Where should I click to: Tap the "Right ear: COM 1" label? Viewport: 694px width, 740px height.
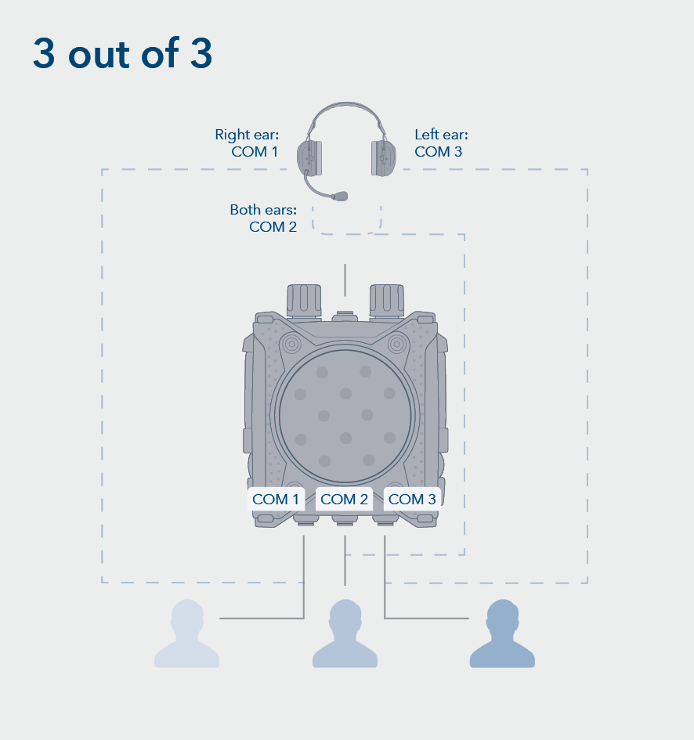[247, 143]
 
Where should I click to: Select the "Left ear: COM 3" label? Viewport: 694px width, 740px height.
[441, 143]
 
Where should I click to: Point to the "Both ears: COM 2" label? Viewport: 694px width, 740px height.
[262, 218]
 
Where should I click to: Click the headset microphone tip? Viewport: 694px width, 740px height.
[341, 195]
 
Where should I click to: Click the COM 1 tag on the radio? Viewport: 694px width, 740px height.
[276, 499]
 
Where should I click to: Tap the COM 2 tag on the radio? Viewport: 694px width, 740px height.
[344, 499]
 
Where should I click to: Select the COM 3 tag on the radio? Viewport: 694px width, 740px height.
[412, 499]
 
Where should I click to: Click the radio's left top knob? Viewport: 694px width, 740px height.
[304, 299]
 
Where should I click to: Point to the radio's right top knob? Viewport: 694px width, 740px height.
[386, 299]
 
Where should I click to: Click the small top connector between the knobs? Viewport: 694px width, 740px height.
[345, 316]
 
